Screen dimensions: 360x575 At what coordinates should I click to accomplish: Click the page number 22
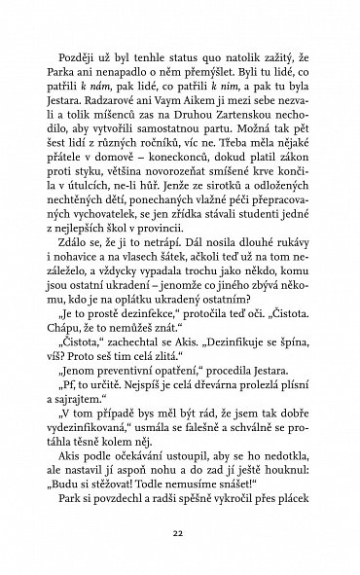tap(179, 533)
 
